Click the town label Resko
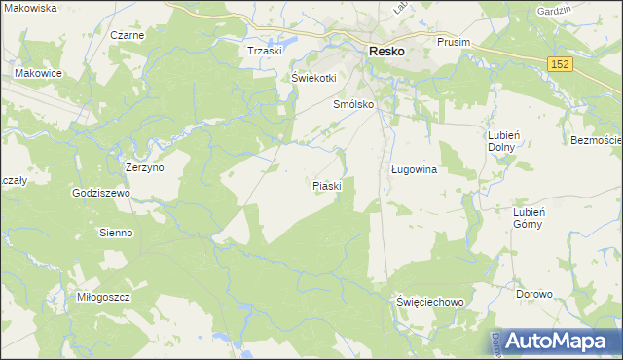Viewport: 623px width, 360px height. coord(386,52)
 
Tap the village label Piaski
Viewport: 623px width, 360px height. coord(326,185)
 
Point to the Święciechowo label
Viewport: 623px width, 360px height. coord(430,302)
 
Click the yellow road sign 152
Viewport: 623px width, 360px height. coord(559,63)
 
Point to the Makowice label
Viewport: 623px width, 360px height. coord(38,72)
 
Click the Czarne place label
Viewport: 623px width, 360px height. coord(127,35)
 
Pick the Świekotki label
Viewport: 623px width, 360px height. coord(313,78)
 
